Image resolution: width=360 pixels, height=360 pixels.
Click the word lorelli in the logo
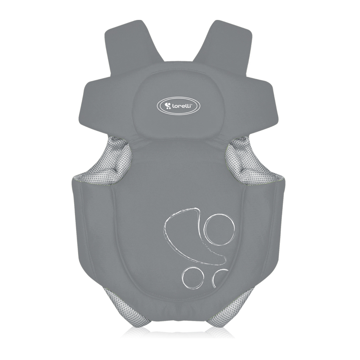point(182,106)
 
